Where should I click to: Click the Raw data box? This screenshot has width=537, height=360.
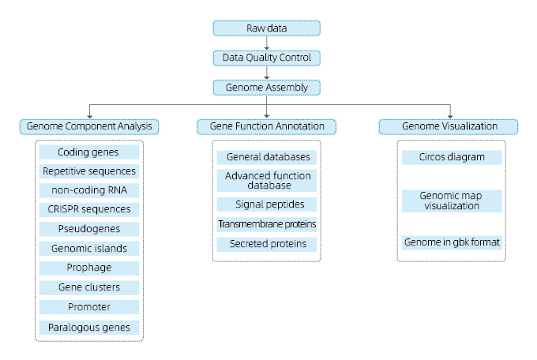(266, 28)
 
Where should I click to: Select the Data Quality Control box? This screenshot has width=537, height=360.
(266, 58)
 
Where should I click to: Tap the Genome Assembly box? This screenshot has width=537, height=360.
(266, 88)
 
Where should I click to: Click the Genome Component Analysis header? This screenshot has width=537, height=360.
(89, 127)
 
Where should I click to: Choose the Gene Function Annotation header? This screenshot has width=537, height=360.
(266, 127)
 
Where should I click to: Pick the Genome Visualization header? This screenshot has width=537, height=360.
(449, 127)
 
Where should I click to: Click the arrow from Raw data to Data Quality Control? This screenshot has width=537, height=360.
(266, 43)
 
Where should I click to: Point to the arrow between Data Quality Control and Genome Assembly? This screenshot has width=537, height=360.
(266, 73)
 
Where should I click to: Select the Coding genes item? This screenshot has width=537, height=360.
(89, 152)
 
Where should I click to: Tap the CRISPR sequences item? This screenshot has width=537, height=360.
(89, 209)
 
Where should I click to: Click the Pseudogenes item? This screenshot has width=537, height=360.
(89, 229)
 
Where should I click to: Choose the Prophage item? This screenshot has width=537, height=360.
(89, 268)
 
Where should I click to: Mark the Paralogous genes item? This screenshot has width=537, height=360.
(89, 328)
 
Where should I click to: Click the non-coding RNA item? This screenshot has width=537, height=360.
(89, 190)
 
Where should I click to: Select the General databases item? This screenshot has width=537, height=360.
(266, 157)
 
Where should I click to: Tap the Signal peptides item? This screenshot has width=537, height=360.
(266, 204)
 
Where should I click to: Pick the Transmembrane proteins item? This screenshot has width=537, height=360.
(266, 224)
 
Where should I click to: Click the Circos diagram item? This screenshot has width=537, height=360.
(452, 157)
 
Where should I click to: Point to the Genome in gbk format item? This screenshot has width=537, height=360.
(452, 242)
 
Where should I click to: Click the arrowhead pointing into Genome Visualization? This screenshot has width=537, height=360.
(450, 117)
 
